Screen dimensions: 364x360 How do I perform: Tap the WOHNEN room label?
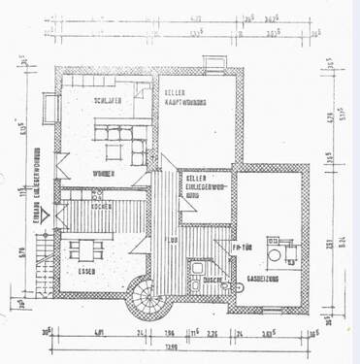105,173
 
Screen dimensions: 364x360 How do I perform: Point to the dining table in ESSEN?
87,248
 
